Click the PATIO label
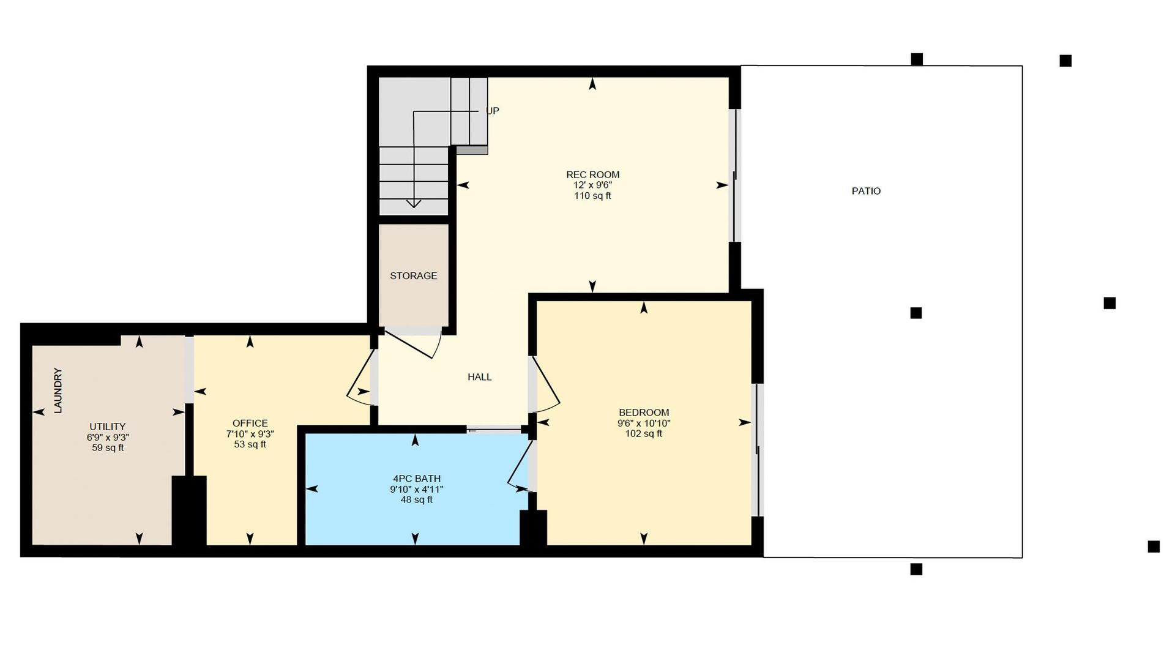(866, 191)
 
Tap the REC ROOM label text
(592, 174)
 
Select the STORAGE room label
(414, 276)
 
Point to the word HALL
(480, 377)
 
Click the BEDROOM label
(644, 413)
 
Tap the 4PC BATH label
(417, 479)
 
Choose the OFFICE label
(250, 424)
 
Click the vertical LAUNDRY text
(58, 390)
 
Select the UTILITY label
(108, 427)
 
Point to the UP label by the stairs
(493, 111)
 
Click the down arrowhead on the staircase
(414, 203)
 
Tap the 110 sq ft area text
(592, 196)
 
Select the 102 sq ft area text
(644, 434)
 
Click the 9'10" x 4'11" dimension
(417, 490)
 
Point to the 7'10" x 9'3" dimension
(250, 434)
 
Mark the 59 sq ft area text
(108, 448)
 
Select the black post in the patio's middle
(916, 313)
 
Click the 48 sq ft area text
(417, 500)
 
